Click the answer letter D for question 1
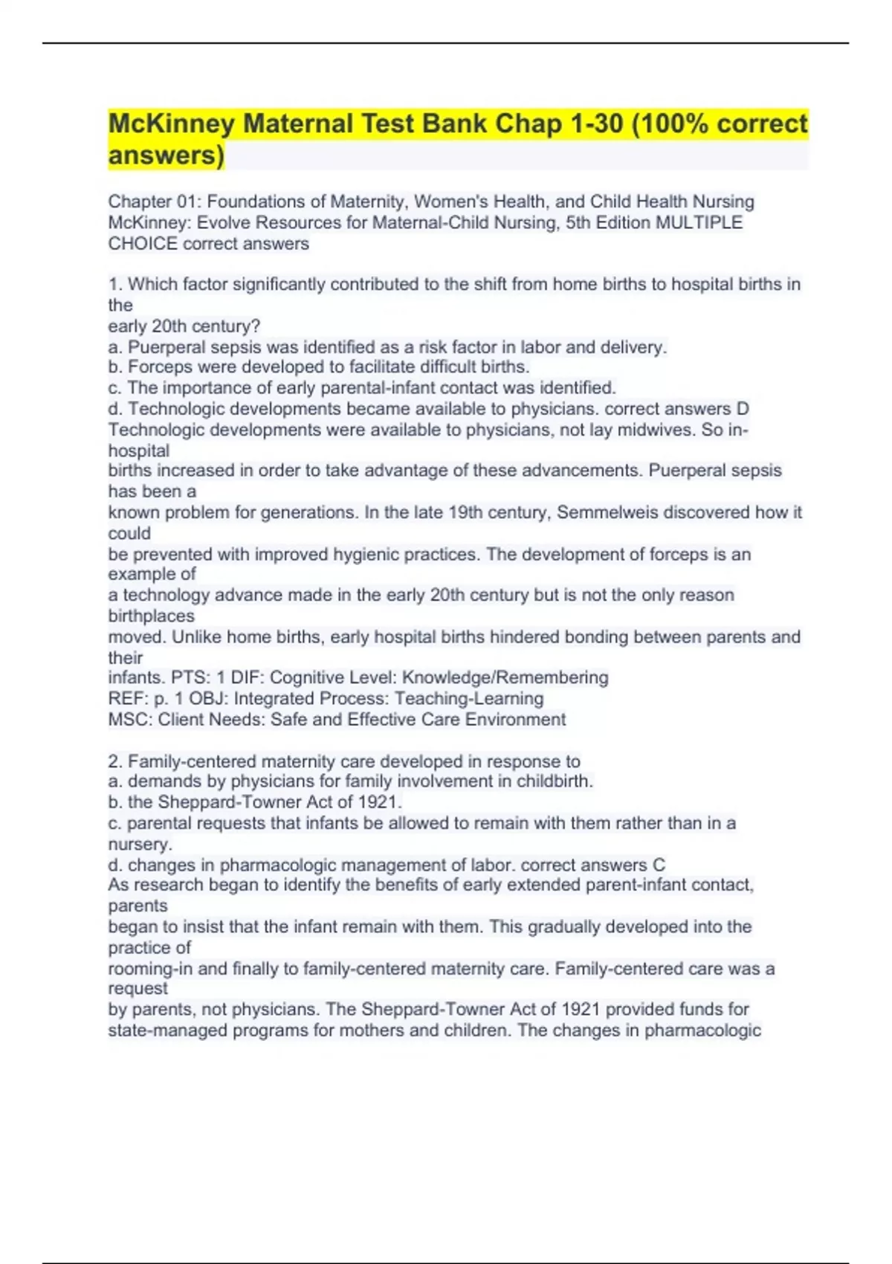tap(742, 409)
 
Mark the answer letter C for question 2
tap(659, 865)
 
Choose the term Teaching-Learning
tap(469, 698)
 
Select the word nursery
tap(140, 844)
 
